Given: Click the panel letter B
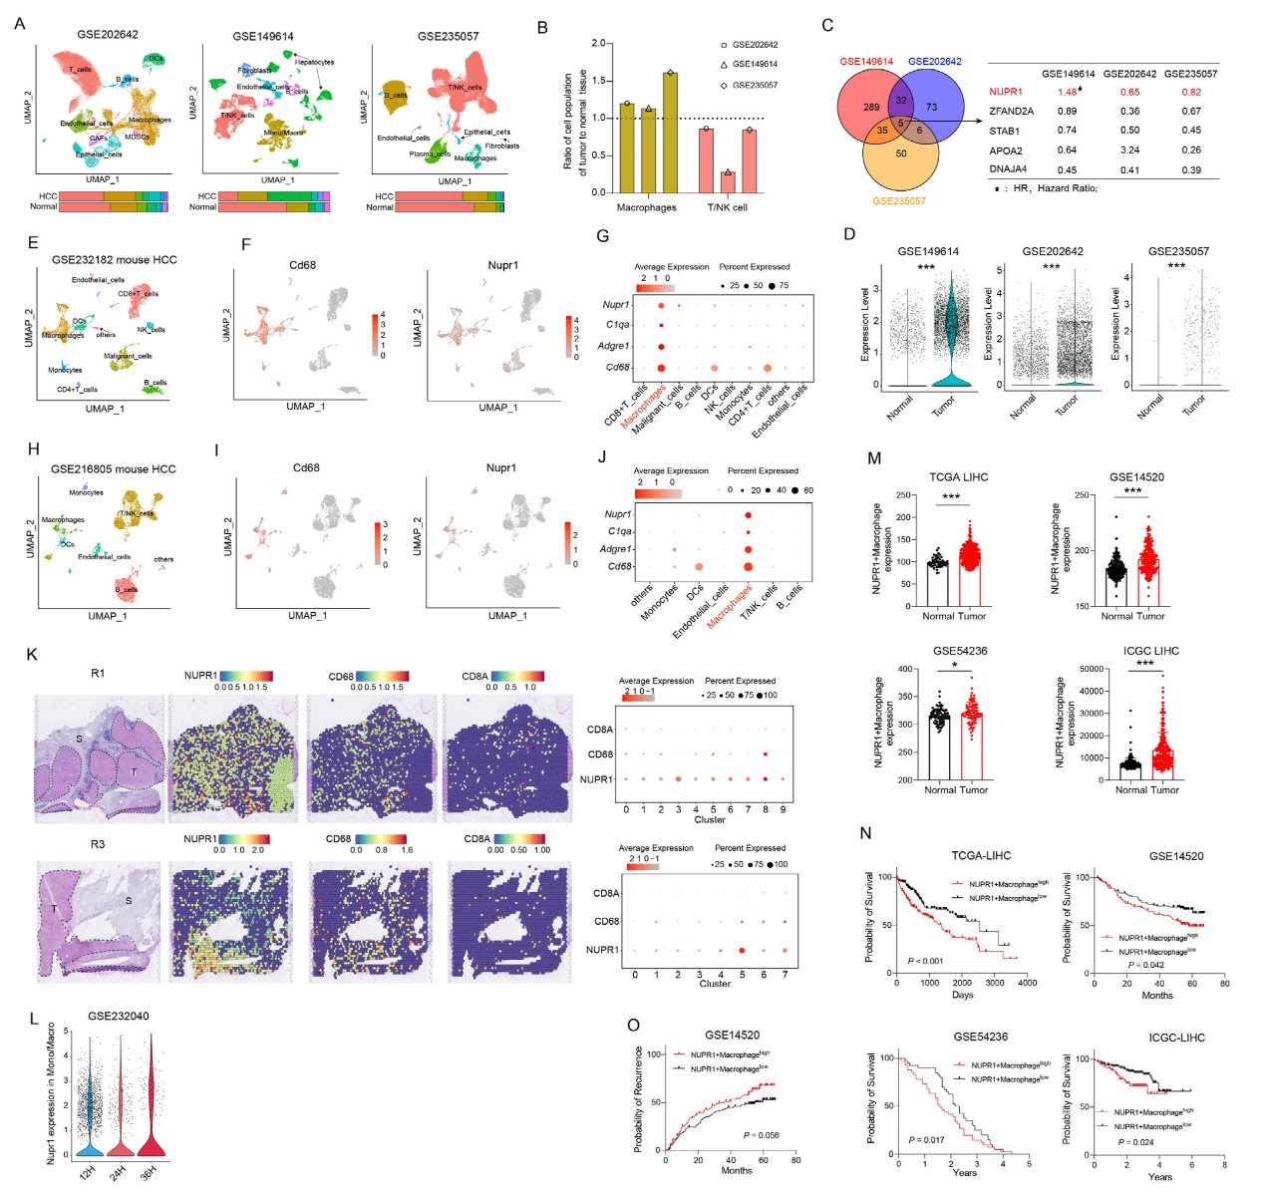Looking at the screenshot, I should [x=542, y=27].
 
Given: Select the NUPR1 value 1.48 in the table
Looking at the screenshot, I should [x=1067, y=92].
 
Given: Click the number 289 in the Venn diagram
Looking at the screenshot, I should [x=871, y=107].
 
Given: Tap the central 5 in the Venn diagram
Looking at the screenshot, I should [x=901, y=124].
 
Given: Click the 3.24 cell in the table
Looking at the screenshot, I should [x=1129, y=150].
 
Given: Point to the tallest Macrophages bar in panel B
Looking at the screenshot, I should [x=670, y=132].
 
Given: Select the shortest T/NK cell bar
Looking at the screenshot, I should [x=728, y=181].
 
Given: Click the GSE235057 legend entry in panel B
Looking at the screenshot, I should [x=755, y=85].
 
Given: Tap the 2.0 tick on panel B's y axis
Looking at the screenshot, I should [x=599, y=44].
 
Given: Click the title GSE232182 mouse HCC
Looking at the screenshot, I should [x=114, y=260].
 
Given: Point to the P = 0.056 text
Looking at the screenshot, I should [x=761, y=1135].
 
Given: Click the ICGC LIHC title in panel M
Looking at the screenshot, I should [x=1150, y=651].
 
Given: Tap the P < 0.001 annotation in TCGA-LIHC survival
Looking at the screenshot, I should [x=925, y=961].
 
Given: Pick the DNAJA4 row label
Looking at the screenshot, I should [x=1008, y=169].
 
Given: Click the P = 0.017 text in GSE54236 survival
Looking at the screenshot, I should [x=926, y=1140].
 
